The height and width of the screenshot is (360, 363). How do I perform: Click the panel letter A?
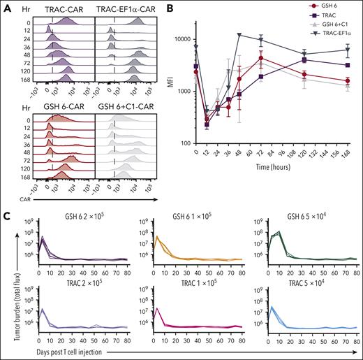pyautogui.click(x=5, y=6)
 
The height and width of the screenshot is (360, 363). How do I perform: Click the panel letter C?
pyautogui.click(x=5, y=199)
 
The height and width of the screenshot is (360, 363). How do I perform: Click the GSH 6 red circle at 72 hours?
pyautogui.click(x=260, y=59)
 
